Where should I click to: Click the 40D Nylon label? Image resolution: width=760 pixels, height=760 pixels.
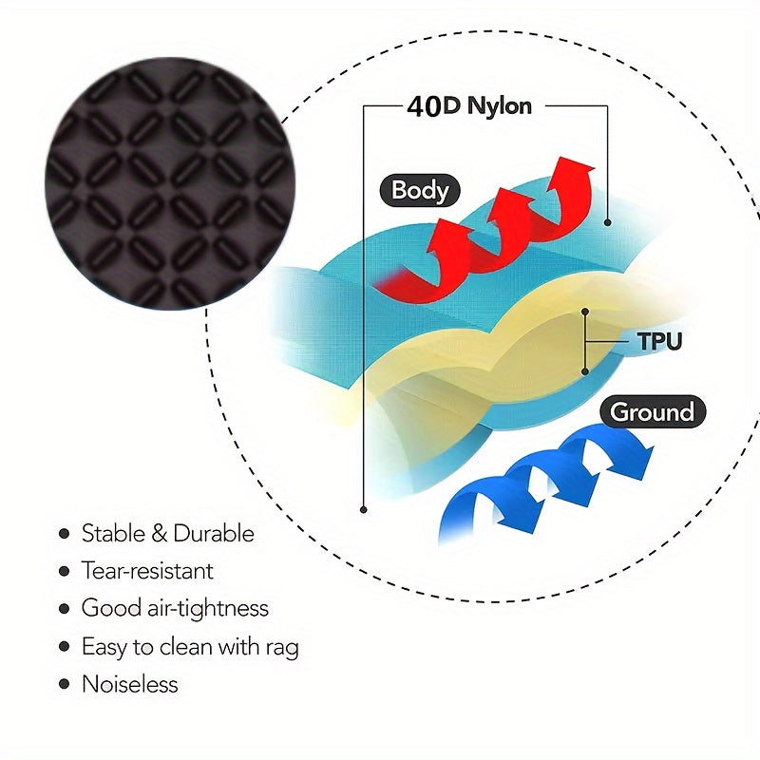point(469,106)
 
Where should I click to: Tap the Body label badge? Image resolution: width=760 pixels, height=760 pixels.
point(420,191)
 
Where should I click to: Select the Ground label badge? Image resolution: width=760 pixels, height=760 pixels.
point(653,412)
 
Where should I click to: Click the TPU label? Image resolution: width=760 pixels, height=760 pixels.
point(659,341)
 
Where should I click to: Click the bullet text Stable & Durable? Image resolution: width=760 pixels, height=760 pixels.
point(168,534)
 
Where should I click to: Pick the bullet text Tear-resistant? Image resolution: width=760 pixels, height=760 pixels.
point(147,571)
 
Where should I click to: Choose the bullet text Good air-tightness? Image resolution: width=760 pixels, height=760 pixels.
point(175,609)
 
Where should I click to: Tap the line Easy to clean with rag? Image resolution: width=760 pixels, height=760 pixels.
point(190,647)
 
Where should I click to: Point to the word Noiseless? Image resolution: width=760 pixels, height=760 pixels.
point(130,684)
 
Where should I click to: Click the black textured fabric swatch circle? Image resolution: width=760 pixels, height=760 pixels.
point(170,183)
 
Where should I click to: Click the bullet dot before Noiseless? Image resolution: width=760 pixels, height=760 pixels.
point(64,684)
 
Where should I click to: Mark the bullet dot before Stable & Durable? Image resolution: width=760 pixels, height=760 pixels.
point(64,534)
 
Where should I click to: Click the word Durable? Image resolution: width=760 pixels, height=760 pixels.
point(214,534)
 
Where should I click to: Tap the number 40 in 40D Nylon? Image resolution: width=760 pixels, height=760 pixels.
point(424,106)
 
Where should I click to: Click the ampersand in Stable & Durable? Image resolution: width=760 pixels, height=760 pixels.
point(160,534)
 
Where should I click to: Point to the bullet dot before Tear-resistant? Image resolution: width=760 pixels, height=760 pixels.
point(64,571)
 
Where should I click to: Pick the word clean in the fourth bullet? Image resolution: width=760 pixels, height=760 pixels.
point(185,647)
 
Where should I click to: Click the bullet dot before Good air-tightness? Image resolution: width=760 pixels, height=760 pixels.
point(64,609)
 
